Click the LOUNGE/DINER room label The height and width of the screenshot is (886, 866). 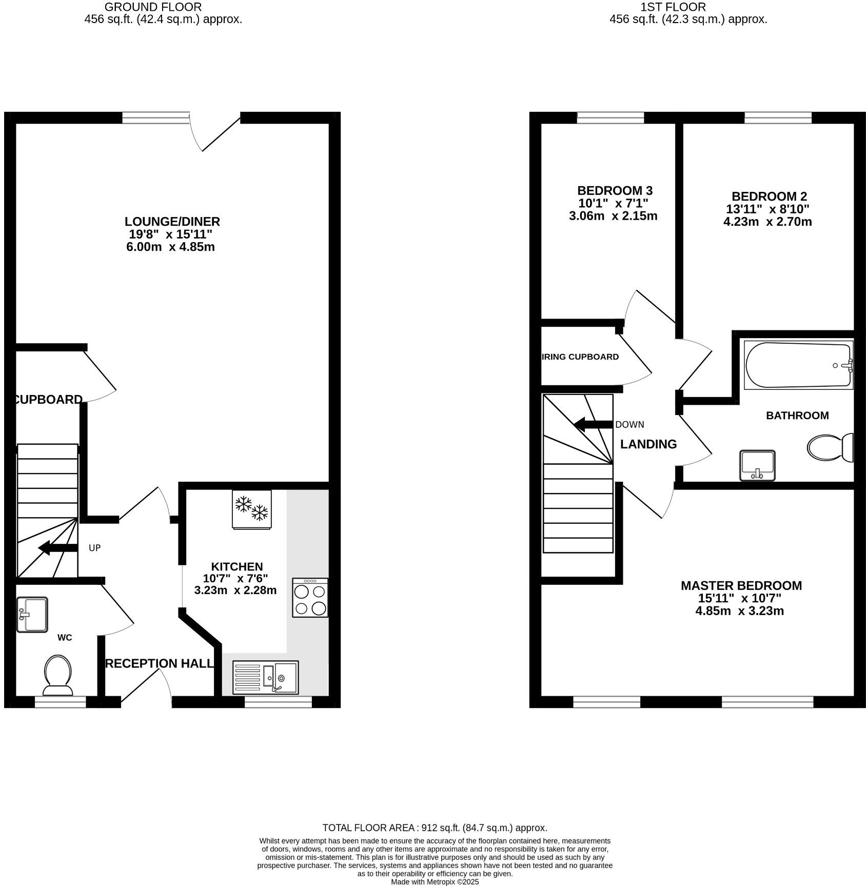coord(172,222)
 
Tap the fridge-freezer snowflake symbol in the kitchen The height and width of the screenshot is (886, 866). coord(252,508)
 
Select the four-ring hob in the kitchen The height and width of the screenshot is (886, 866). coord(310,598)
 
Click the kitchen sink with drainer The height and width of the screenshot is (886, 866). coord(265,677)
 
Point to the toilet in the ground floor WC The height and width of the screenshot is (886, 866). coord(57,673)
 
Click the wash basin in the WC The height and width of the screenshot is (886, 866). coord(32,614)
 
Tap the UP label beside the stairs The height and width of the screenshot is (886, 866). coord(94,548)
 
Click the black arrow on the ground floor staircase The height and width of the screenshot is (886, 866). coord(57,548)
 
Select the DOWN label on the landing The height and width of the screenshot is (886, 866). coord(629,424)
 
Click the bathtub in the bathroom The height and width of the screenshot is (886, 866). coord(798,365)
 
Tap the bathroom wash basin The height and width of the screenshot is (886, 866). coord(757,465)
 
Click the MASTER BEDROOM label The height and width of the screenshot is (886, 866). coord(741,585)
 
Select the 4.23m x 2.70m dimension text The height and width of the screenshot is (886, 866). coord(767,222)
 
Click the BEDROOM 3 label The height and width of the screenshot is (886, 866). coord(615,191)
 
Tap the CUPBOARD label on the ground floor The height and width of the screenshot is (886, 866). coord(48,399)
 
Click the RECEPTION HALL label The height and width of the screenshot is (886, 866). coord(159,663)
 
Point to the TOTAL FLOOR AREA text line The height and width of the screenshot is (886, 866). coord(435,828)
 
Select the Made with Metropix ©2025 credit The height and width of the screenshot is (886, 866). coord(435,882)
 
